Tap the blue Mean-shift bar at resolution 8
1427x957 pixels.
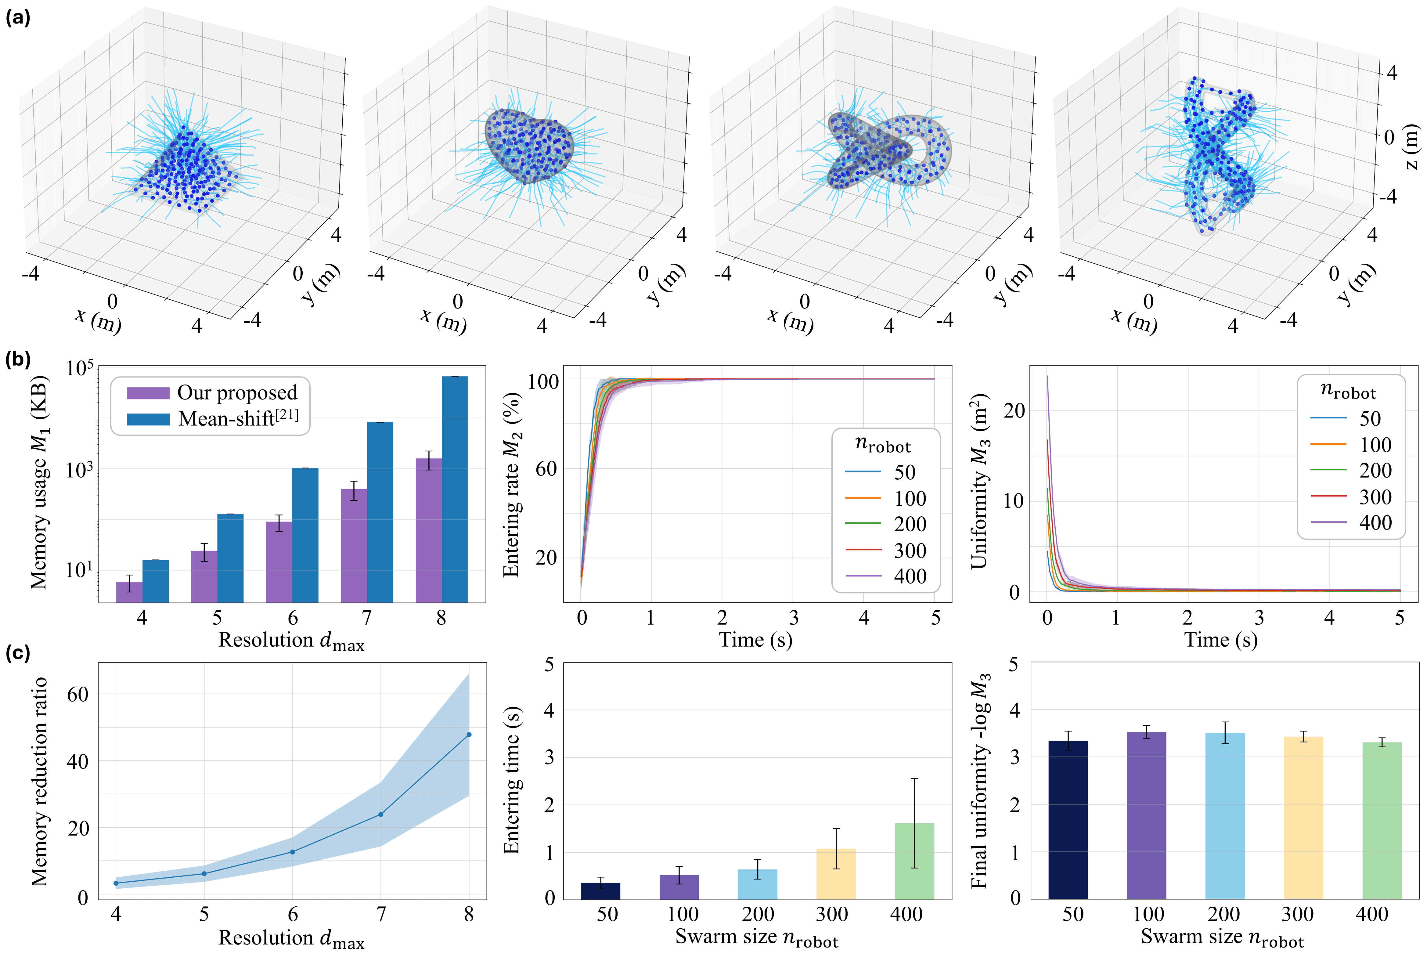(455, 488)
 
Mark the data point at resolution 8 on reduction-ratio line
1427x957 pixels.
(469, 734)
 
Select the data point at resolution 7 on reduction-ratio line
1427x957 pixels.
(381, 814)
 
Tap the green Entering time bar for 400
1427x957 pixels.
(914, 861)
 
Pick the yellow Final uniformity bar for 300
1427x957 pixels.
(1303, 818)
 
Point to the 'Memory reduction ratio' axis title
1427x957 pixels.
(40, 781)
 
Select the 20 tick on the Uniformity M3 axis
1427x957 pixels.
(1014, 411)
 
